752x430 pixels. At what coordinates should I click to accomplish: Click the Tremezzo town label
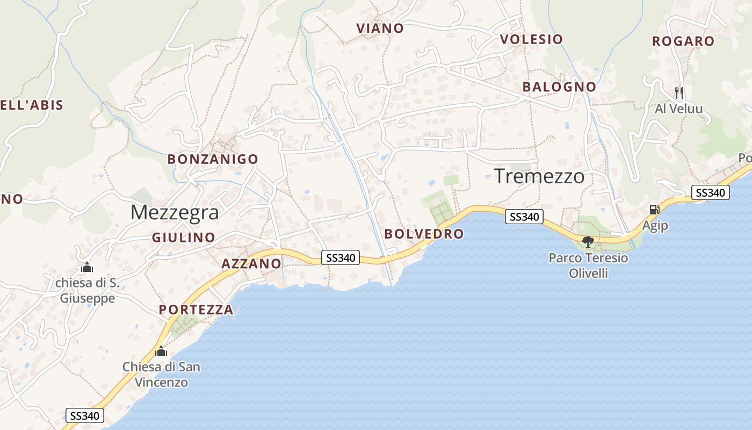[539, 176]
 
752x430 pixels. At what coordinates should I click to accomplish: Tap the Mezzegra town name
[175, 212]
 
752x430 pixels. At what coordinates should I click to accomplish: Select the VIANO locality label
[380, 28]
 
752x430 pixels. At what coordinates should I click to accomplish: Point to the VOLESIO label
[531, 39]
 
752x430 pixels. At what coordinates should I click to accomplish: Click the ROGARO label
[683, 41]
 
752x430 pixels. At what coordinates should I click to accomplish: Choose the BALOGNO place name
[559, 87]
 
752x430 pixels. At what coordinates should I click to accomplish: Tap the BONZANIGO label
[213, 159]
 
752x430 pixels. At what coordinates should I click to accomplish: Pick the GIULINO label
[183, 237]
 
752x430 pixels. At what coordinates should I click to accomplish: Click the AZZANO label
[251, 263]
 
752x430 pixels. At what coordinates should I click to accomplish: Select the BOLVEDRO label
[424, 234]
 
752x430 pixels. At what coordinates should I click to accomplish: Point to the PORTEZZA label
[196, 310]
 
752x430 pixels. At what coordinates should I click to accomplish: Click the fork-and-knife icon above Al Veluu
[679, 92]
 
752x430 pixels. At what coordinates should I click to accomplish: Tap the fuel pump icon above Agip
[654, 210]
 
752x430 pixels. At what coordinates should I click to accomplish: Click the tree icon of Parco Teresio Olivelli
[588, 241]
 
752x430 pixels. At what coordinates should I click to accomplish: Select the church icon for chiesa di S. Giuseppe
[87, 267]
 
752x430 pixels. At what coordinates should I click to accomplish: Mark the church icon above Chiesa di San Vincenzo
[161, 352]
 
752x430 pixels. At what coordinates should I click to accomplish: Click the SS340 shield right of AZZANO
[341, 257]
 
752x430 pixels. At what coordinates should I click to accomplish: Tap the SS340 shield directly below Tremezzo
[524, 217]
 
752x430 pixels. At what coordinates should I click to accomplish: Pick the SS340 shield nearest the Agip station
[710, 192]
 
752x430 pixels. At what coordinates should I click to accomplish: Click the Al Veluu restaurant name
[679, 109]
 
